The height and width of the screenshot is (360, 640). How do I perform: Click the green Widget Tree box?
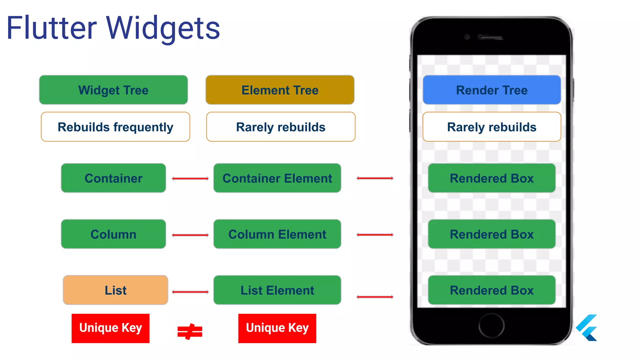click(113, 90)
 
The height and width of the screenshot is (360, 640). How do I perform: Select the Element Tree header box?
click(280, 90)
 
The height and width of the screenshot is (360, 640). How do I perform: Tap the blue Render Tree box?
click(492, 90)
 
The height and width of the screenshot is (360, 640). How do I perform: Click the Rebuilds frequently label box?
click(115, 127)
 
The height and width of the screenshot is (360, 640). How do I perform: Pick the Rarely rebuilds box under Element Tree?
click(281, 127)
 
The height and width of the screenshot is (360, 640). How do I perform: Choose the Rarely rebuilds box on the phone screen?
click(492, 127)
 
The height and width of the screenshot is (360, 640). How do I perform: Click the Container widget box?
click(113, 178)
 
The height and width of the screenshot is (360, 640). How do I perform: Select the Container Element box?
click(277, 178)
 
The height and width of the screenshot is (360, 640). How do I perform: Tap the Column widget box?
click(113, 234)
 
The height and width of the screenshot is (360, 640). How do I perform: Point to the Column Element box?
click(277, 234)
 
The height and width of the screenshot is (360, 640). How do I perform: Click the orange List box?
click(115, 290)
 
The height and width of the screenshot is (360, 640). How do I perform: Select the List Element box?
click(277, 290)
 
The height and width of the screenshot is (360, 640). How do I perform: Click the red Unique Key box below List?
click(110, 328)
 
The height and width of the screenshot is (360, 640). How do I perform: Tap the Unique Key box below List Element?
click(277, 328)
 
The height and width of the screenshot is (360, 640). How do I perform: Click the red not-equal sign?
click(190, 332)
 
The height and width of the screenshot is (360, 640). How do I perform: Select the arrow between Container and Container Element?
click(190, 178)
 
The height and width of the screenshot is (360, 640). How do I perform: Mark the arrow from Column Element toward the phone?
click(375, 235)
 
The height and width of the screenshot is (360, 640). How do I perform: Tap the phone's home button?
click(491, 326)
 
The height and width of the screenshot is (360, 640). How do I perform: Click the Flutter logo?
click(587, 328)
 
